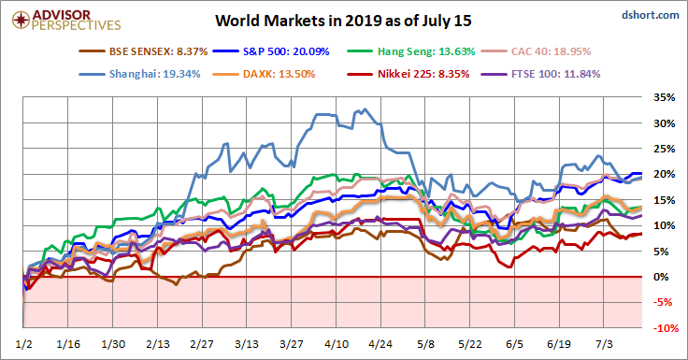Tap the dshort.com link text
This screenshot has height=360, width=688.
(x=651, y=15)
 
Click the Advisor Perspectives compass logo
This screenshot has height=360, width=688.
(x=21, y=20)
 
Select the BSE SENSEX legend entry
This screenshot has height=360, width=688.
(x=143, y=51)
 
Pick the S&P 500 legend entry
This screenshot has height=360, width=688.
(x=271, y=51)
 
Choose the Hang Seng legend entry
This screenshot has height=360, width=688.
(x=411, y=51)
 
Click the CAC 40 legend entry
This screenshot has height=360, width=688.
(x=537, y=51)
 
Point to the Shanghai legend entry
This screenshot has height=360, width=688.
(x=139, y=74)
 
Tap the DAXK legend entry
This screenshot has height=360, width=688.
(x=264, y=74)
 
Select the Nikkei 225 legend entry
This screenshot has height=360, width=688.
(x=408, y=74)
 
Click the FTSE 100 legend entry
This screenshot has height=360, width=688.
(x=540, y=74)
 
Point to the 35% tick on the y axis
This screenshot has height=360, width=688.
(x=665, y=97)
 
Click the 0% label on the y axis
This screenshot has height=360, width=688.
(x=661, y=277)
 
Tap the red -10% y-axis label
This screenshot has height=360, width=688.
(x=666, y=328)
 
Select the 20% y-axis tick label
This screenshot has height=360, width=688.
(x=665, y=174)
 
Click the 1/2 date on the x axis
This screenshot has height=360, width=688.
(x=23, y=344)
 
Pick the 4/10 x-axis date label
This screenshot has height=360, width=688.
(x=337, y=344)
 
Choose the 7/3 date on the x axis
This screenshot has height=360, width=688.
(x=604, y=344)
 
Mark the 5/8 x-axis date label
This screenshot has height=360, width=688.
(x=425, y=344)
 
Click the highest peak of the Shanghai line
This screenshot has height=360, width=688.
(x=365, y=109)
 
